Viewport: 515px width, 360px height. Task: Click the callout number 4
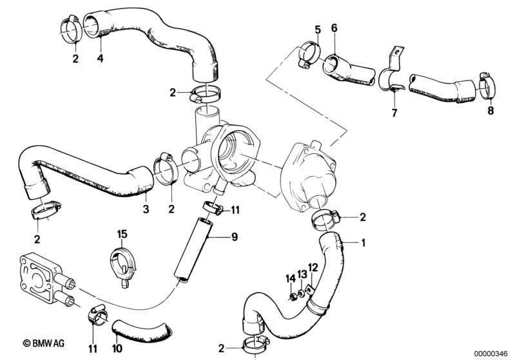click(100, 59)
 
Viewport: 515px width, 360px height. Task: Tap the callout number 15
click(122, 234)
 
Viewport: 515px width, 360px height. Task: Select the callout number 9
click(235, 237)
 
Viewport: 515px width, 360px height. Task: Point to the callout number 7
click(394, 113)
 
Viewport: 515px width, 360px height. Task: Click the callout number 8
click(491, 110)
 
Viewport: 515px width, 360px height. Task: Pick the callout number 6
click(334, 28)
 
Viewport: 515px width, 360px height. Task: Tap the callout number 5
click(318, 30)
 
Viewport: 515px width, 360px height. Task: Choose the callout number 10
click(117, 348)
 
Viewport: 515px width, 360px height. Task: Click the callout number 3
click(146, 209)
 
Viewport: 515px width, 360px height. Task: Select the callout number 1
click(364, 243)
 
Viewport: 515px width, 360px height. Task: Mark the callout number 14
click(290, 279)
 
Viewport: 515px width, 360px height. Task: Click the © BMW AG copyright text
click(44, 343)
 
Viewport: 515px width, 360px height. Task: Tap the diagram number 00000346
click(491, 354)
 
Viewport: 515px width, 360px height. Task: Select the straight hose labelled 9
click(193, 250)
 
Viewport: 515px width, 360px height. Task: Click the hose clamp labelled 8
click(487, 85)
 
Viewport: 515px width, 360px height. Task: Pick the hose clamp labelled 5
click(309, 55)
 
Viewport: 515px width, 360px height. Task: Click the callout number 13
click(302, 274)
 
